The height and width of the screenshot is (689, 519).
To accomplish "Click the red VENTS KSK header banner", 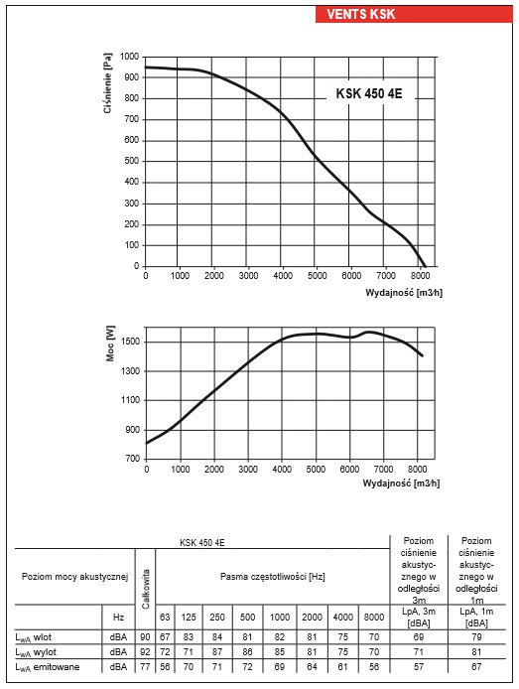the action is click(414, 14).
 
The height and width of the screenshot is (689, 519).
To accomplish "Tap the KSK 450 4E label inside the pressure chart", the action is click(369, 93).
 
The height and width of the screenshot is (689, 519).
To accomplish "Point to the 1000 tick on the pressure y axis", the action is click(130, 57).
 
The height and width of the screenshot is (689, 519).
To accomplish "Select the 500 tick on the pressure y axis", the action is click(132, 161).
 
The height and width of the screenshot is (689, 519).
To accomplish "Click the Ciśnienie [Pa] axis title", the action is click(107, 83).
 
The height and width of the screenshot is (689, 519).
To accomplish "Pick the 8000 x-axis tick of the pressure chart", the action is click(420, 276).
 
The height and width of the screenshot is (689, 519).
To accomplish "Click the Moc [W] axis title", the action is click(110, 344).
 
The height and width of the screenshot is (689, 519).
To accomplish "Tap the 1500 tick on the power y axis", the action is click(130, 342).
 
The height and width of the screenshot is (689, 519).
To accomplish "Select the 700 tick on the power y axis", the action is click(133, 459).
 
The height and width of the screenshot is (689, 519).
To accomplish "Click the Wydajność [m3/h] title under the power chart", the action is click(401, 483).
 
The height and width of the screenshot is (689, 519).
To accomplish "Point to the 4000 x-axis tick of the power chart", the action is click(282, 470).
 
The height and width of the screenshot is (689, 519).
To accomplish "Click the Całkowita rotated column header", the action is click(146, 589).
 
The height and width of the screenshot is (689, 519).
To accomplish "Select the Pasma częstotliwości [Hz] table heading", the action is click(272, 577).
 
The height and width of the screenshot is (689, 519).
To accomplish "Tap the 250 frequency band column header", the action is click(217, 617).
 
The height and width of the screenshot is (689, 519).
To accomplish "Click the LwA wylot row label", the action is click(36, 652).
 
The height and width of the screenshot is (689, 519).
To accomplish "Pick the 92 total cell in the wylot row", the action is click(145, 652).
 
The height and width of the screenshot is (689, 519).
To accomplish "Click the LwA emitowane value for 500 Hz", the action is click(247, 667).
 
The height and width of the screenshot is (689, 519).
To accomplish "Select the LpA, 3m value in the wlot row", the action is click(419, 636).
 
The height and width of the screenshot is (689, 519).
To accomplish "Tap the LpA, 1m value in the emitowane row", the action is click(476, 667).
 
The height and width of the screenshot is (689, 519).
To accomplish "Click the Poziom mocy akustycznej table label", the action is click(74, 577).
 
